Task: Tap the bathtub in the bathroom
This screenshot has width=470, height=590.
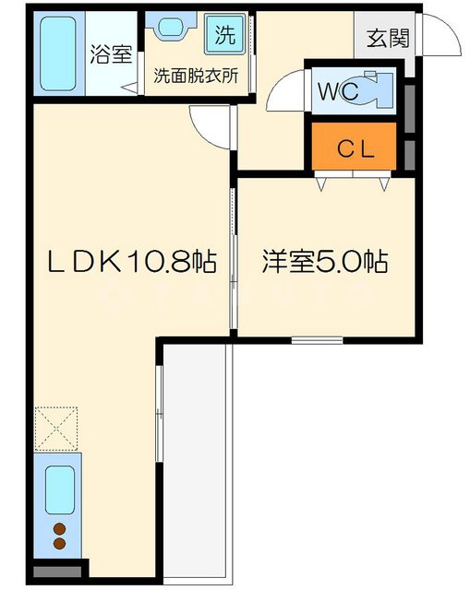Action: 59,53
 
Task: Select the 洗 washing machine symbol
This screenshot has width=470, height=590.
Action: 225,36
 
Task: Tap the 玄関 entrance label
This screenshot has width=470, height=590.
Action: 384,38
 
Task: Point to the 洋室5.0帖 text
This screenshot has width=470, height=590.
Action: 323,263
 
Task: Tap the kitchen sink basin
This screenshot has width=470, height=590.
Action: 60,488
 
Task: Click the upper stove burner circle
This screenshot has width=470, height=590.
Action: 59,529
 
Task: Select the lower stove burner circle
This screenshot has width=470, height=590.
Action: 59,545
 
